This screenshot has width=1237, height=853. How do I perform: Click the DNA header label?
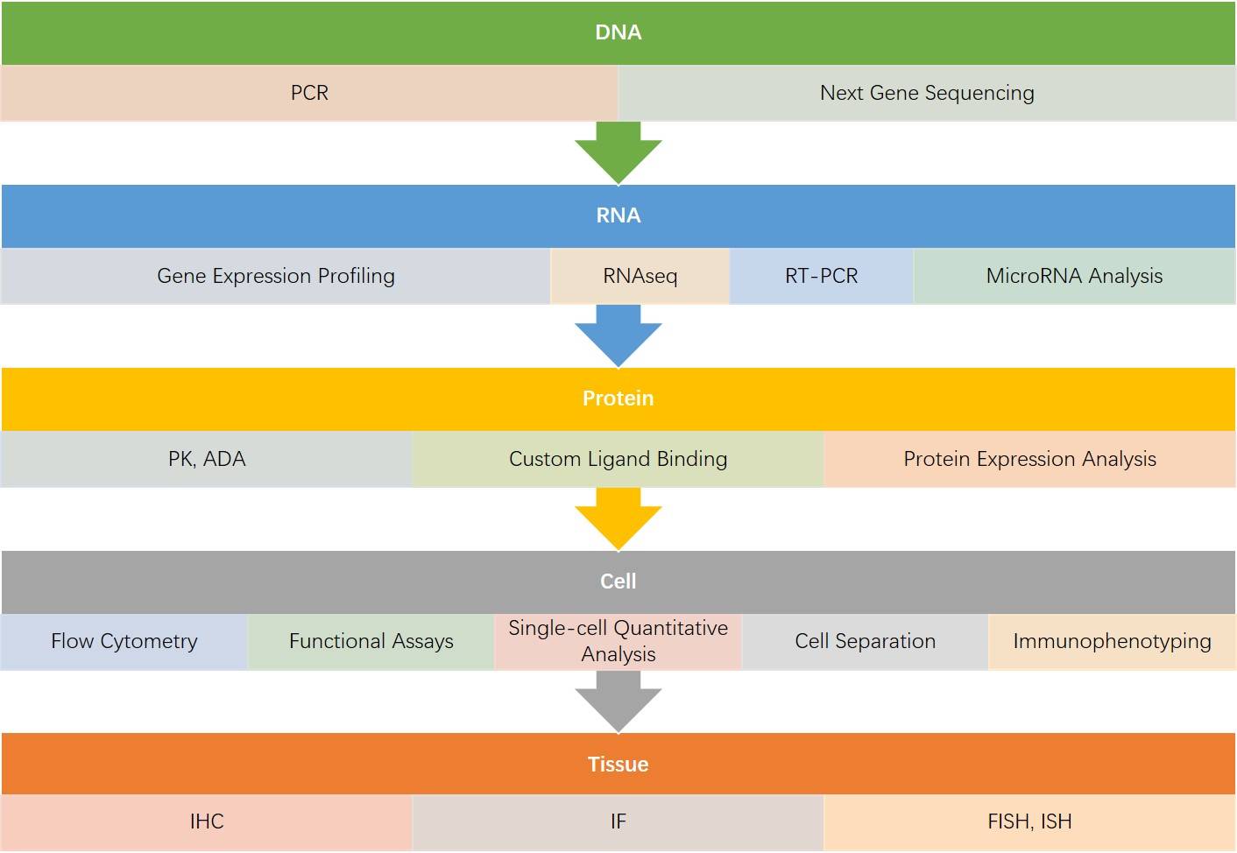pos(618,32)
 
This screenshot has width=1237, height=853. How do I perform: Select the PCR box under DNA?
pos(309,93)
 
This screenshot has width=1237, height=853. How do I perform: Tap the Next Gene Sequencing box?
pos(927,93)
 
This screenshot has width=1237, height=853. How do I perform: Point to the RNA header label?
pos(618,215)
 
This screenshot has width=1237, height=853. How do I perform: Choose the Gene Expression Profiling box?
pos(276,276)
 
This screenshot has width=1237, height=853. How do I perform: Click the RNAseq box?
pos(640,276)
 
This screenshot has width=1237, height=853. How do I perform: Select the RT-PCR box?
pos(821,276)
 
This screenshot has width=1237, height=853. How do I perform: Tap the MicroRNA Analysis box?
pos(1074,276)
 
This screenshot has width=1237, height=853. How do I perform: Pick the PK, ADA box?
pos(207,459)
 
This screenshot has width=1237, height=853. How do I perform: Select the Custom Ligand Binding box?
pos(618,459)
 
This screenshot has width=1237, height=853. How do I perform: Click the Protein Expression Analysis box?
pos(1029,459)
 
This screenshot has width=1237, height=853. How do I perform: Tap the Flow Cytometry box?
pos(124,641)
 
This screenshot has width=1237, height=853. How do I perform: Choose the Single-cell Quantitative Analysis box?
pos(618,641)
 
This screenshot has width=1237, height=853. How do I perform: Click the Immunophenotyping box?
pos(1112,641)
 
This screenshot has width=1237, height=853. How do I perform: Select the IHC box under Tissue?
pos(207,821)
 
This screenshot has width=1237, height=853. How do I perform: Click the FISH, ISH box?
pos(1029,821)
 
